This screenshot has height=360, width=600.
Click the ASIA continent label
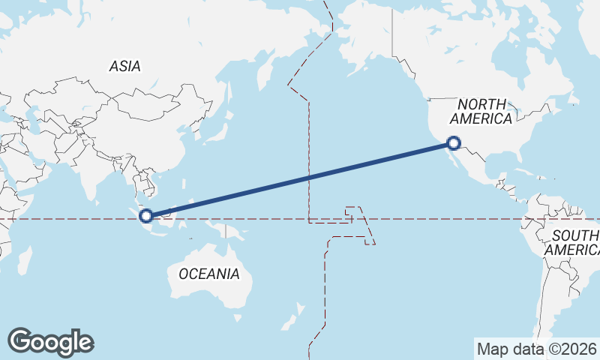[x=124, y=67]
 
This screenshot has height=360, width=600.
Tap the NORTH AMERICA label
[x=483, y=112]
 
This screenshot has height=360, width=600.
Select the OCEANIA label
[x=209, y=274]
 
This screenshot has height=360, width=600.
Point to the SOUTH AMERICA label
[x=574, y=242]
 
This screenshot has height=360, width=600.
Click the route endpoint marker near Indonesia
[x=146, y=216]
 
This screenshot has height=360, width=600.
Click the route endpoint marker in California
[x=453, y=142]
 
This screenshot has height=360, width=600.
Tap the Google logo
[x=50, y=342]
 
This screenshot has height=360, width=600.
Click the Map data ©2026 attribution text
[x=537, y=349]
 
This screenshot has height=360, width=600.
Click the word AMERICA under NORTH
[x=483, y=119]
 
